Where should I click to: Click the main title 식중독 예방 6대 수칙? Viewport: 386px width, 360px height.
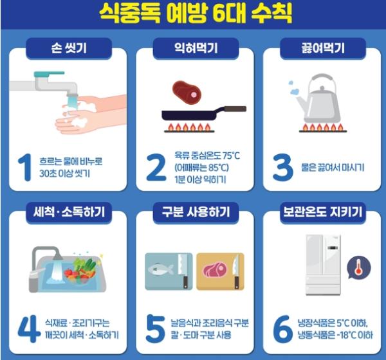point(196,14)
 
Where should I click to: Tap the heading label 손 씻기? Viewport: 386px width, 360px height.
point(69,48)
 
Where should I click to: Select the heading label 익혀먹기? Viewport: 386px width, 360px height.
point(196,48)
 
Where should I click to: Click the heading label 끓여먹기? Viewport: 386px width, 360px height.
point(323,48)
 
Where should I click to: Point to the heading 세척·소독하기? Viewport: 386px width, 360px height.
point(69,212)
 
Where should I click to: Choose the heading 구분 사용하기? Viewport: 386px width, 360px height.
point(196,212)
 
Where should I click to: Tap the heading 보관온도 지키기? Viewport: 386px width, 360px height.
point(323,212)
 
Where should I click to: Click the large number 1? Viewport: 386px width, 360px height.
point(25,167)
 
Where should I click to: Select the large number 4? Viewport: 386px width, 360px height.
point(29,328)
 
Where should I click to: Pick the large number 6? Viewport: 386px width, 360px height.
point(283,329)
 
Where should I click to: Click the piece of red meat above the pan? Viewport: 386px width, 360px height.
point(187,93)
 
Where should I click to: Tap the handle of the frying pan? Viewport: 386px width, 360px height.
point(235,109)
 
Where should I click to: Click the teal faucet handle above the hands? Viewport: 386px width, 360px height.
point(50,74)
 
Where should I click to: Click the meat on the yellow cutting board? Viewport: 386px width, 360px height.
point(215,270)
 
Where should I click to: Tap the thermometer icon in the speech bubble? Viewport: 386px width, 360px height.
point(358,267)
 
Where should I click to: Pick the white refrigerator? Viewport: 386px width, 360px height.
point(323,265)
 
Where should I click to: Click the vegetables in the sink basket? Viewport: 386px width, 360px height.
point(80,271)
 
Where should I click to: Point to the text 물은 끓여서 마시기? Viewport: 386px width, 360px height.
point(333,168)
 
